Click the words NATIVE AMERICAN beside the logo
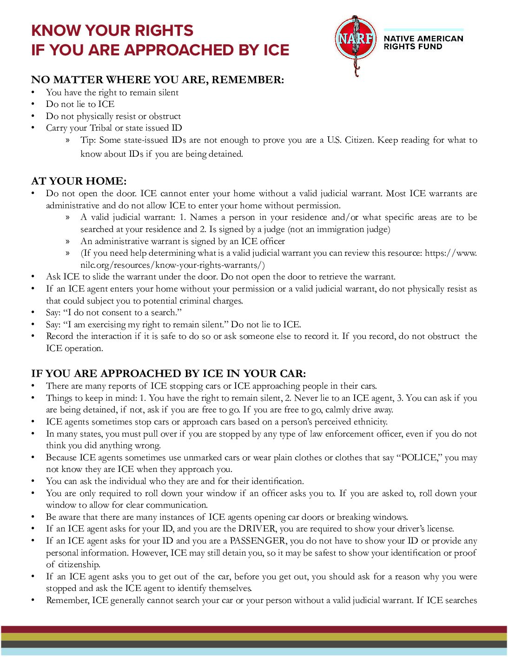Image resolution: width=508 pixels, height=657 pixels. (x=423, y=39)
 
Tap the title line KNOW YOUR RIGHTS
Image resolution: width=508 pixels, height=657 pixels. (x=112, y=31)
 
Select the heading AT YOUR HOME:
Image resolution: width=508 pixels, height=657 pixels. (x=79, y=181)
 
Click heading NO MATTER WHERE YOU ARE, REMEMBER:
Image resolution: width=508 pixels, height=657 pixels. (x=157, y=80)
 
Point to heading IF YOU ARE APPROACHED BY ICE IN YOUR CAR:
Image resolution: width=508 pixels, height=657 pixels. (x=168, y=373)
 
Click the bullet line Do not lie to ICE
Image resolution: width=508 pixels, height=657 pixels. (x=80, y=104)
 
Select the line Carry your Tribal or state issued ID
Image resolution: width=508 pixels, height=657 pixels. (x=113, y=128)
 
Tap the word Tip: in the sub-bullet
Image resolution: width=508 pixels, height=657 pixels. (x=88, y=140)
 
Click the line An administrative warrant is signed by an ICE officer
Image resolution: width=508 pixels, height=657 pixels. (x=182, y=241)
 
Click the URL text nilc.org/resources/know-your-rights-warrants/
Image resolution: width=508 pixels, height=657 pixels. (x=172, y=265)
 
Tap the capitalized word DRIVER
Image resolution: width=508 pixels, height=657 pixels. (x=257, y=529)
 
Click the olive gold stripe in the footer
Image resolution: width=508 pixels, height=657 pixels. (x=254, y=637)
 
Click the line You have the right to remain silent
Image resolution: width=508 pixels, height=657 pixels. (x=112, y=93)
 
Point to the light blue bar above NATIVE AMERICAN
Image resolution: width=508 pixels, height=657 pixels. (x=423, y=30)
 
